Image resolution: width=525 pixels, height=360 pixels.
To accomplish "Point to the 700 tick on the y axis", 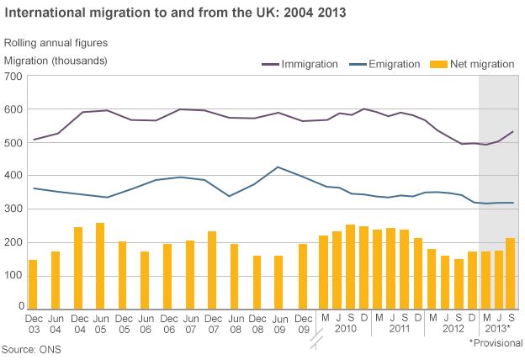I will click(x=13, y=77).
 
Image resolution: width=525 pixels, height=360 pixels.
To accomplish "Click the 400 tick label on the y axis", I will click(x=13, y=176).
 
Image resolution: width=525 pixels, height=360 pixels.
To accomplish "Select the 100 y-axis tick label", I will click(x=13, y=275).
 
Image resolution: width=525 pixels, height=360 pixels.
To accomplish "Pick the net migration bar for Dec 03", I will click(x=33, y=284).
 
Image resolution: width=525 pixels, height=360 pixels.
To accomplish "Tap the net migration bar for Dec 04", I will click(x=77, y=267).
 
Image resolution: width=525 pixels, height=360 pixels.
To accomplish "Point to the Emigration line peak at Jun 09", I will click(x=278, y=167).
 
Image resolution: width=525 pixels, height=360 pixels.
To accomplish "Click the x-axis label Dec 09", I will click(x=301, y=323).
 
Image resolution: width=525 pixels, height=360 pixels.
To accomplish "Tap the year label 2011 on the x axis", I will click(x=399, y=329).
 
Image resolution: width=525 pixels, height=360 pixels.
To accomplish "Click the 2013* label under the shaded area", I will click(x=497, y=329).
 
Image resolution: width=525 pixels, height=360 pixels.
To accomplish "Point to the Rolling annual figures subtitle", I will click(x=56, y=42).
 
